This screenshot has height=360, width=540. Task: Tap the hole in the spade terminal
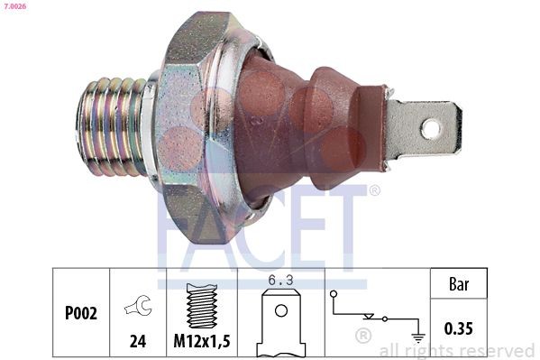pyautogui.click(x=431, y=128)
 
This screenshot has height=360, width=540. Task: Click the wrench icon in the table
pyautogui.click(x=138, y=308)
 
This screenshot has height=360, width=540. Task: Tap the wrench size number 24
pyautogui.click(x=138, y=342)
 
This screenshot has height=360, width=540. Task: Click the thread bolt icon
pyautogui.click(x=203, y=305)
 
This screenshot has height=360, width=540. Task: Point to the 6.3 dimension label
pyautogui.click(x=281, y=280)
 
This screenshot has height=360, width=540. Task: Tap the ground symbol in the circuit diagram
pyautogui.click(x=417, y=336)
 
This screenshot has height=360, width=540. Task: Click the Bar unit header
pyautogui.click(x=459, y=283)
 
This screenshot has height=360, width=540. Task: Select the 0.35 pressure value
pyautogui.click(x=459, y=328)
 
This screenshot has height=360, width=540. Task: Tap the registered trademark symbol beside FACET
pyautogui.click(x=374, y=190)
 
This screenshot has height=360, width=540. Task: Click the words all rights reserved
pyautogui.click(x=456, y=350)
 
